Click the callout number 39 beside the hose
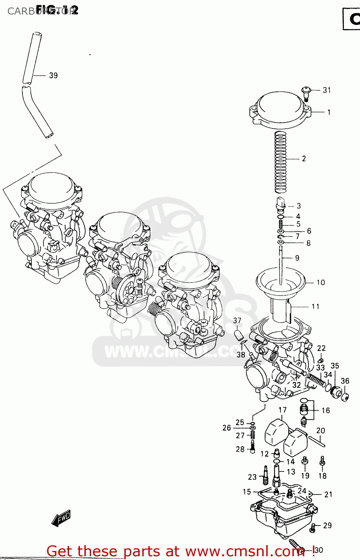click(x=53, y=75)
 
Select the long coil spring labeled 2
click(x=280, y=162)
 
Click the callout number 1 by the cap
click(x=329, y=112)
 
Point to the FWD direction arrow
click(x=61, y=519)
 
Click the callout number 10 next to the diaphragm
click(x=321, y=283)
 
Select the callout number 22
click(x=321, y=348)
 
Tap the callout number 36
click(x=345, y=381)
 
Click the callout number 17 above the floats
click(x=283, y=410)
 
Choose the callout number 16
click(x=326, y=411)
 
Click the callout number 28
click(x=240, y=449)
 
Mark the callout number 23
click(x=252, y=477)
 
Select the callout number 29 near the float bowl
click(x=327, y=525)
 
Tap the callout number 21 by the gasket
click(x=328, y=494)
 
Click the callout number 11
click(x=316, y=307)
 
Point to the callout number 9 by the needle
click(x=297, y=258)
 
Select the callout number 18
click(x=322, y=476)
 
